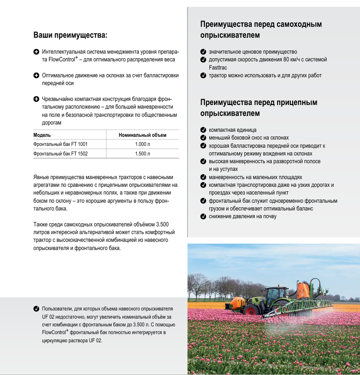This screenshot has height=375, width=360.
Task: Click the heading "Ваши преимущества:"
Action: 70,35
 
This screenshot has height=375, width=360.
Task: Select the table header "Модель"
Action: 42,135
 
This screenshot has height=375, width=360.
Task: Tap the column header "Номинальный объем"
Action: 142,135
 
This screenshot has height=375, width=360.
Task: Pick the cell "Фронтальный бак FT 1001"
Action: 61,144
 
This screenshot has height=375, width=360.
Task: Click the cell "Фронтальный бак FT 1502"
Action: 61,154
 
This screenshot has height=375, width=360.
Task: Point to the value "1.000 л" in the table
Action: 142,144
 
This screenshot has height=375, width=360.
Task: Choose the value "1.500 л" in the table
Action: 142,154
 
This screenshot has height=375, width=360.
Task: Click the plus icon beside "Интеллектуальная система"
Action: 36,52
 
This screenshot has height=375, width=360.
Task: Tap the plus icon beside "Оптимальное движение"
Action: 36,75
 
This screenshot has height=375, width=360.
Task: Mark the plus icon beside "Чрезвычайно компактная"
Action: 36,99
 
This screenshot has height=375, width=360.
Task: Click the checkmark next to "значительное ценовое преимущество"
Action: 203,52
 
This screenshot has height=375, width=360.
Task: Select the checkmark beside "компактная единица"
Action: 203,130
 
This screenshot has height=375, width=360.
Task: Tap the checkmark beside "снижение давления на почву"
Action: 203,216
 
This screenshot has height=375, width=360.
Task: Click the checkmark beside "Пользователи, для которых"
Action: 36,309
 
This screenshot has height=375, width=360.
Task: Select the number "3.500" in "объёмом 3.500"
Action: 163,225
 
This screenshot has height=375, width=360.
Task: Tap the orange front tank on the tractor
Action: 237,302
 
